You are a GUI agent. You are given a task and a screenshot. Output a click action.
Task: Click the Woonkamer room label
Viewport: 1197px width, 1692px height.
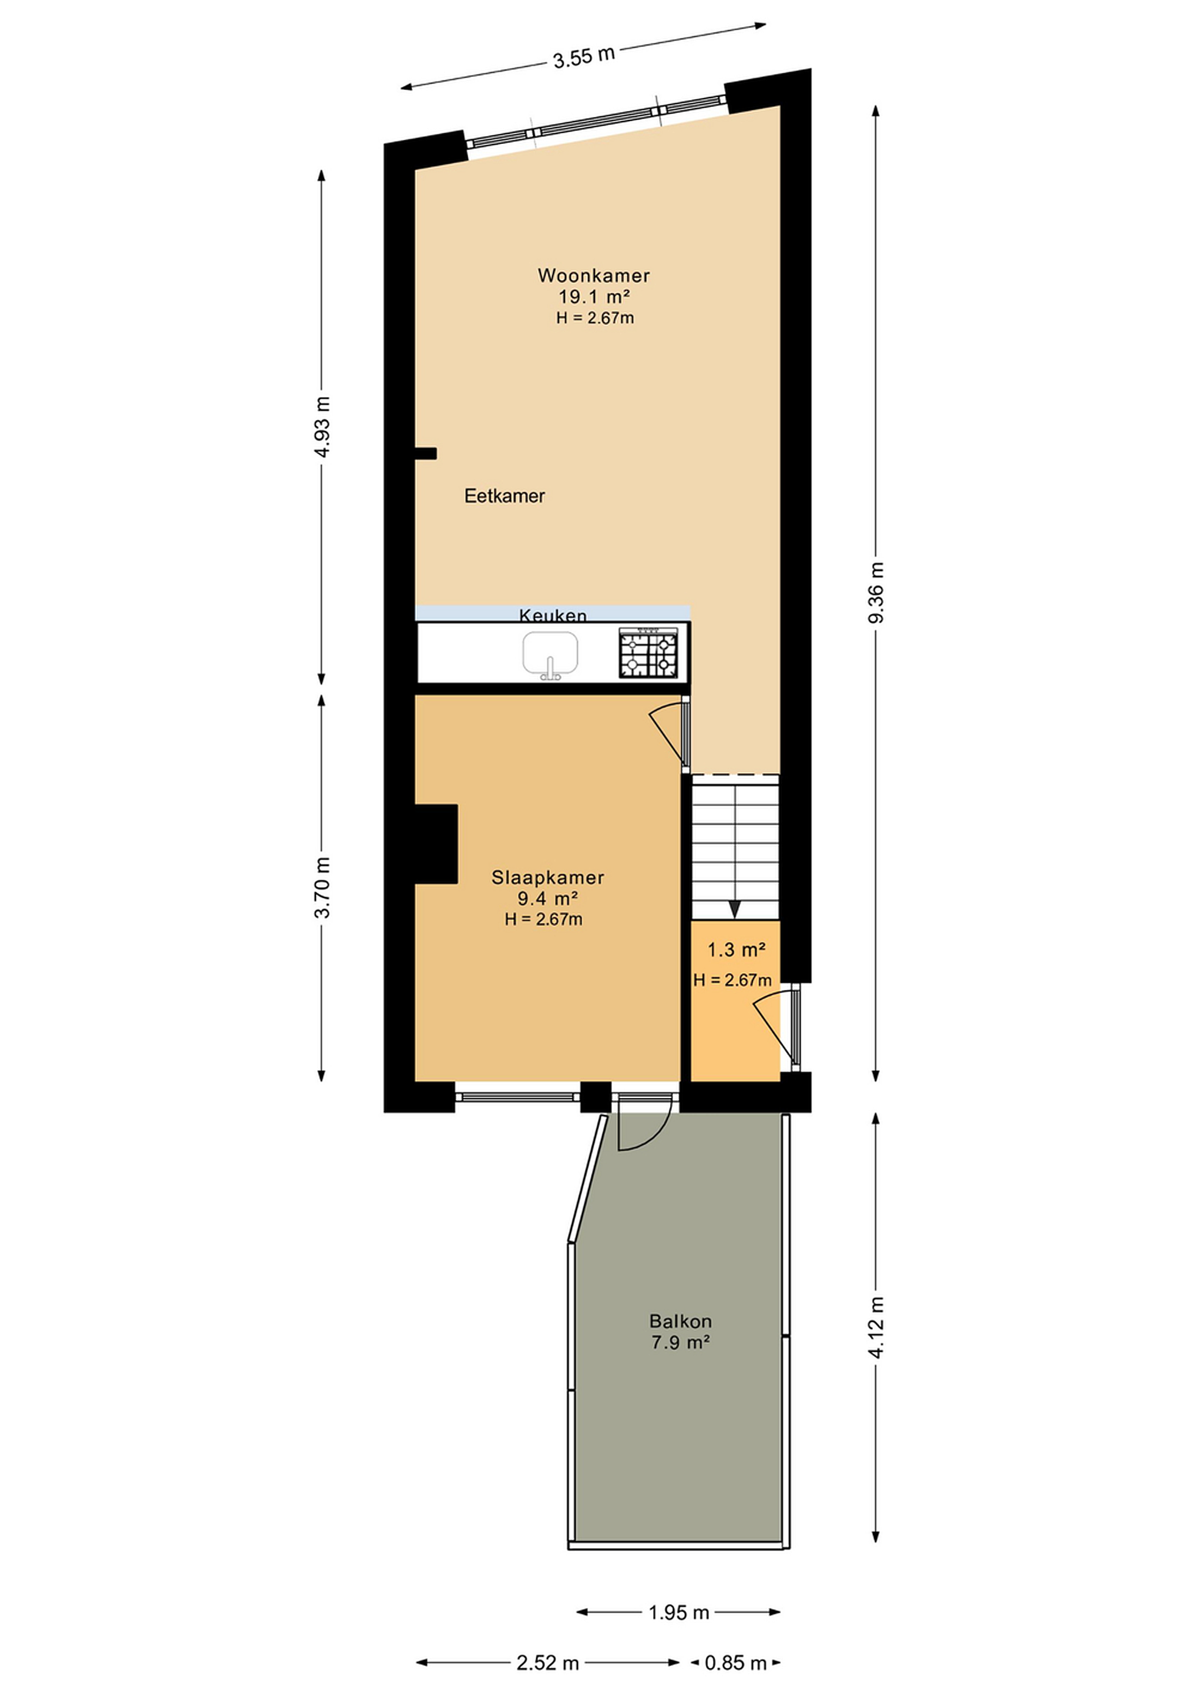pos(593,276)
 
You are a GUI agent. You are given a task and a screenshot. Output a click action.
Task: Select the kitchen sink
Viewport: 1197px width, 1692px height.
pos(550,654)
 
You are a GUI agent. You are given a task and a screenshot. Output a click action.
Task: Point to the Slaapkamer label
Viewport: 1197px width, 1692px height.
pos(547,877)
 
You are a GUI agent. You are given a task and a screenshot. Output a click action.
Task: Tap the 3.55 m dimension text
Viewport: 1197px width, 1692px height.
pos(584,57)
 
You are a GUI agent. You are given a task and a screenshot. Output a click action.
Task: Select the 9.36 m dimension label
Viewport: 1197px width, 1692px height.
pos(876,593)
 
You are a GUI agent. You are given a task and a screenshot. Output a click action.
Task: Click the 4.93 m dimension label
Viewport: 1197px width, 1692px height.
pos(322,427)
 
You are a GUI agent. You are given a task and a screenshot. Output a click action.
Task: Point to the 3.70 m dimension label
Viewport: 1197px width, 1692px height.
pos(322,888)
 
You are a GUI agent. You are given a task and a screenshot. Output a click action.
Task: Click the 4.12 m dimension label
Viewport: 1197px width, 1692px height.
pos(876,1327)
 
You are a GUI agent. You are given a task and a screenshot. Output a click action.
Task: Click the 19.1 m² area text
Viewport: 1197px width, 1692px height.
pos(593,297)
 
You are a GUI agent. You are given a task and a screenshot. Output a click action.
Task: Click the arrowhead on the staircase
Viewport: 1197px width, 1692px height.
pos(734,910)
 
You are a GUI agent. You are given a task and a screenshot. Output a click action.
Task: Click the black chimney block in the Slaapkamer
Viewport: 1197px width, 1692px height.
pos(436,844)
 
